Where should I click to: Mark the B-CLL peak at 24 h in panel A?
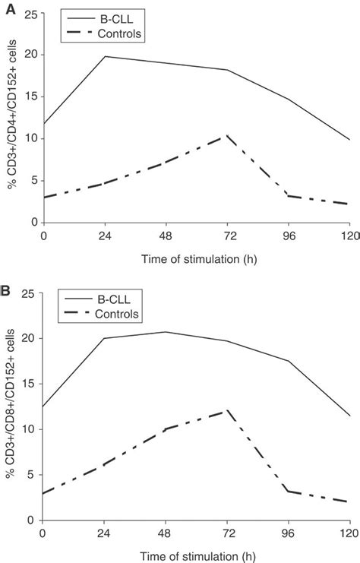[105, 56]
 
